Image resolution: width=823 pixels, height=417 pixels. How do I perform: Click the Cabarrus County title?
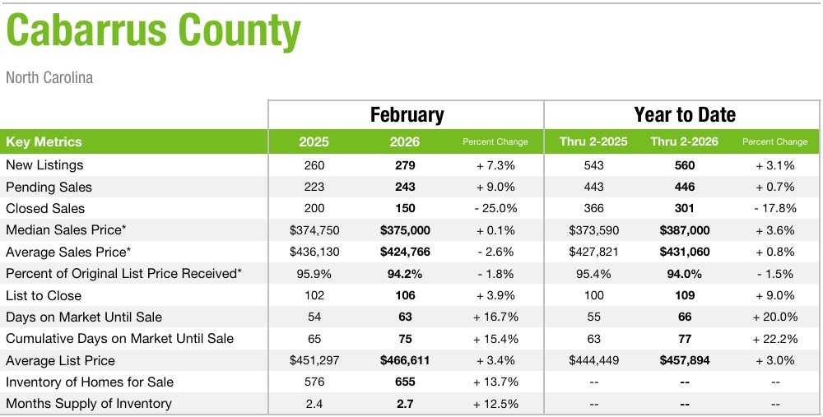tap(153, 32)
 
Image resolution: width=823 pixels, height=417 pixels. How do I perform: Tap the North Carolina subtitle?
tap(49, 78)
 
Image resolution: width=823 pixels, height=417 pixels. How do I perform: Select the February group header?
tap(407, 114)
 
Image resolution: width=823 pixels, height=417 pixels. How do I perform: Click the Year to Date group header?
tap(684, 114)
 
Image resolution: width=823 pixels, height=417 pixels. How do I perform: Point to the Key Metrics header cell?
tap(44, 141)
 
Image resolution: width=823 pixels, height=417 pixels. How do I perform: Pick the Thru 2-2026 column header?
tap(684, 141)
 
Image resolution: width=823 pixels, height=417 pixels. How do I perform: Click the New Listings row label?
tap(44, 165)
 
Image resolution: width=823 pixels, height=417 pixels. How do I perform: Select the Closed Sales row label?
tap(45, 208)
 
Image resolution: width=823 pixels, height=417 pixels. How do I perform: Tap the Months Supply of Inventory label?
tap(89, 403)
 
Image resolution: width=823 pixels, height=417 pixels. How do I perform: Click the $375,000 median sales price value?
tap(405, 230)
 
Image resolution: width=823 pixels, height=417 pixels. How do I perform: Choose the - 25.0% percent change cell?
tap(495, 208)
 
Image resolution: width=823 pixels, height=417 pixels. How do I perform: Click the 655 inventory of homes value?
tap(405, 382)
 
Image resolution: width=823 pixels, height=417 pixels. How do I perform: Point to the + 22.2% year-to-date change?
tap(774, 338)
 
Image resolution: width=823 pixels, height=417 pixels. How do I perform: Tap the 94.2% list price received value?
tap(405, 273)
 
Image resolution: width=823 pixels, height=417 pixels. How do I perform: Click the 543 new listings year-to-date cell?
tap(593, 165)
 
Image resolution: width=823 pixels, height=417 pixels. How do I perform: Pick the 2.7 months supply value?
tap(405, 403)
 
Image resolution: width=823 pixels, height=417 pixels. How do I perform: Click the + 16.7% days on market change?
tap(495, 317)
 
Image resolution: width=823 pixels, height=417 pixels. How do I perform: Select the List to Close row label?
tap(44, 295)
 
